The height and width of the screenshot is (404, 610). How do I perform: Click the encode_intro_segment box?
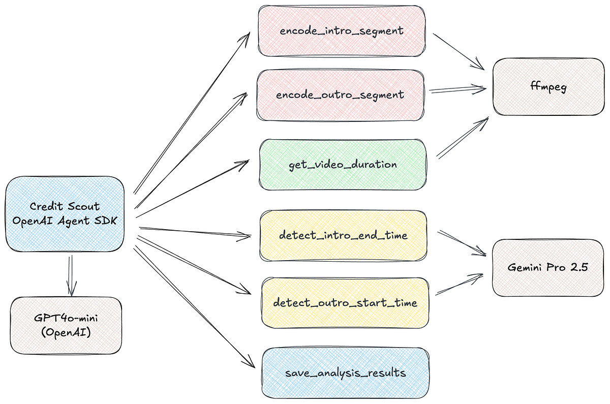pyautogui.click(x=342, y=30)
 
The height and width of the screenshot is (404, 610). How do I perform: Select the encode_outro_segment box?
pyautogui.click(x=340, y=95)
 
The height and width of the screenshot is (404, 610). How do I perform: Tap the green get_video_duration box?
pyautogui.click(x=343, y=165)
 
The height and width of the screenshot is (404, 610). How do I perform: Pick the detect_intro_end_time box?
pyautogui.click(x=344, y=236)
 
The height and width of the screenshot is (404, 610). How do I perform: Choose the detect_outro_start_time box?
pyautogui.click(x=345, y=303)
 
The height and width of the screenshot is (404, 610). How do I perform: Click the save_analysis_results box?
pyautogui.click(x=345, y=373)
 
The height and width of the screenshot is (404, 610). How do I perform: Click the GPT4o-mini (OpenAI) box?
pyautogui.click(x=66, y=325)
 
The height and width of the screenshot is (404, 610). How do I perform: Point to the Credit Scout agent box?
pyautogui.click(x=65, y=213)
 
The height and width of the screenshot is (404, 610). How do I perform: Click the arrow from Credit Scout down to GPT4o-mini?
pyautogui.click(x=70, y=274)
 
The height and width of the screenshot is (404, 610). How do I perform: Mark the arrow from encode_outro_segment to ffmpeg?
pyautogui.click(x=457, y=90)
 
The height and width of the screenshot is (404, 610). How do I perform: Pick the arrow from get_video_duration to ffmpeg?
pyautogui.click(x=462, y=137)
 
